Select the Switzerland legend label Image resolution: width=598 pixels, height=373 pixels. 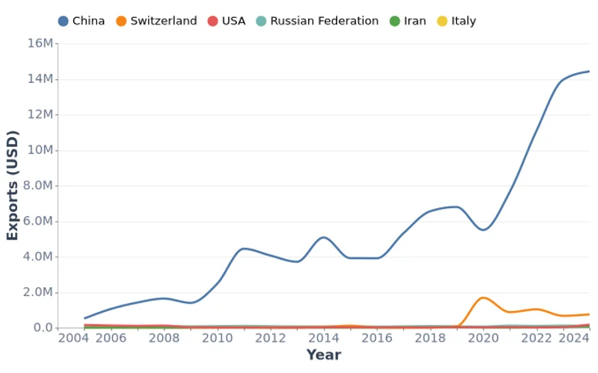[164, 21]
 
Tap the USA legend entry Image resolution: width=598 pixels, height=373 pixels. [233, 21]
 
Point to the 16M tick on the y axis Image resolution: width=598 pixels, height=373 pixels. [40, 43]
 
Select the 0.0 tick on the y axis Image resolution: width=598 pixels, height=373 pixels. [43, 328]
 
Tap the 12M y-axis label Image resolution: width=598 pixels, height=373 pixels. [40, 115]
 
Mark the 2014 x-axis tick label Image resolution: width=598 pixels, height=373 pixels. [324, 339]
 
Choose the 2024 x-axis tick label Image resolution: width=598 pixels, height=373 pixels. [573, 339]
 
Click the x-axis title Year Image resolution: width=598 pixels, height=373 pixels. [324, 355]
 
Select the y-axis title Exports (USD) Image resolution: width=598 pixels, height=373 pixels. [13, 186]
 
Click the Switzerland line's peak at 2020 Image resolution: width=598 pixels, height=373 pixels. [484, 298]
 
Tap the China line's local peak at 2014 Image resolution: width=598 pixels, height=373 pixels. [324, 237]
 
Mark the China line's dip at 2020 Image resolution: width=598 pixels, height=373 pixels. [484, 230]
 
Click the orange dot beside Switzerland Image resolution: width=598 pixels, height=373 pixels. [122, 21]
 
